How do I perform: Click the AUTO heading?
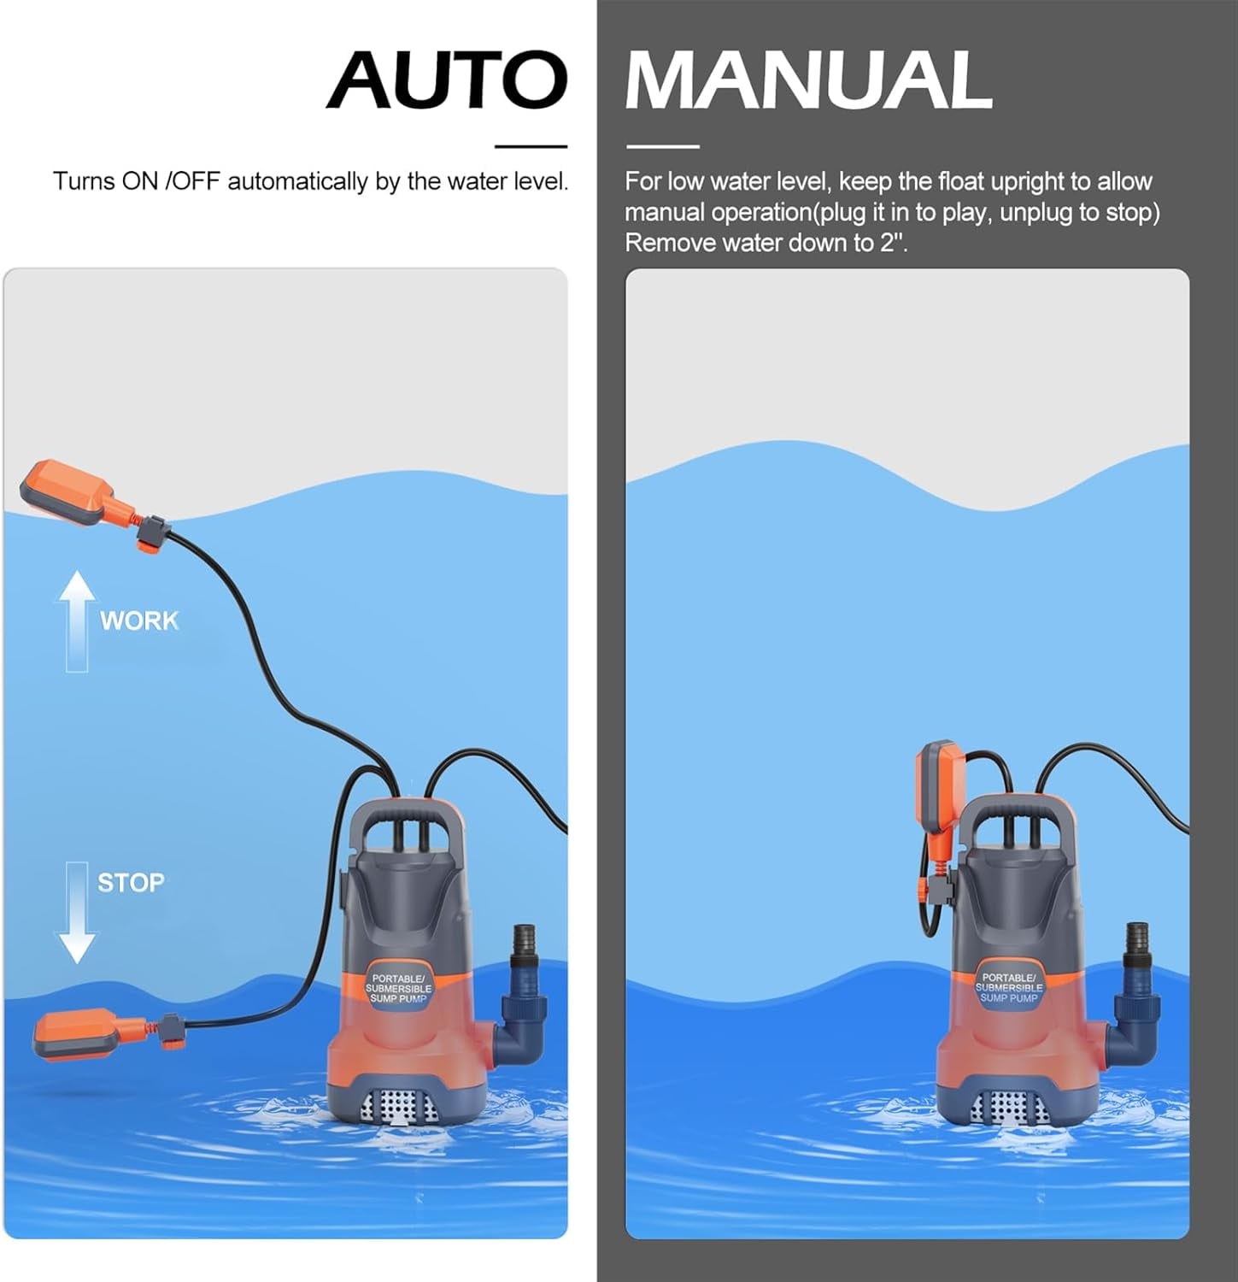[x=447, y=79]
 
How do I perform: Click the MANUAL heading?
[x=808, y=79]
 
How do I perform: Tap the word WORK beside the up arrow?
[x=139, y=620]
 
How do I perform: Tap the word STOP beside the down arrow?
[x=131, y=882]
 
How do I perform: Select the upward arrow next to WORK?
[x=77, y=619]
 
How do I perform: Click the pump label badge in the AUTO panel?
[x=398, y=988]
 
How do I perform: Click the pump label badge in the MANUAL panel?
[x=1008, y=988]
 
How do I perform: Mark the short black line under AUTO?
[x=531, y=147]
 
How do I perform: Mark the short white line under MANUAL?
[x=662, y=147]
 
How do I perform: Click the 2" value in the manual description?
[x=892, y=243]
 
